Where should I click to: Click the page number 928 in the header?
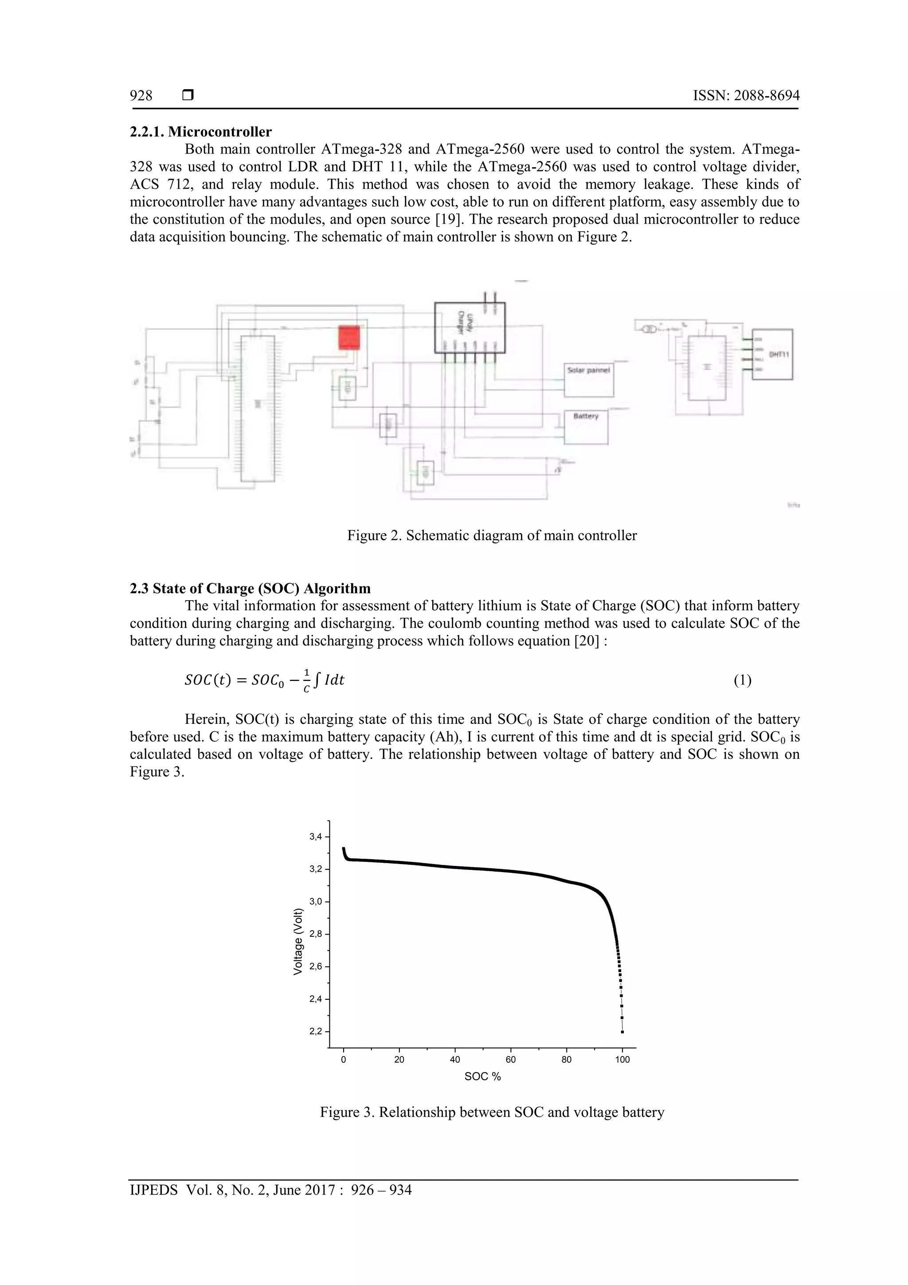pos(141,96)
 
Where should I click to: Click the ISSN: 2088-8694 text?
pos(746,96)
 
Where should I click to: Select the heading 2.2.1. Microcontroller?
pos(200,132)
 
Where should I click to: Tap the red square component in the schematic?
pos(349,338)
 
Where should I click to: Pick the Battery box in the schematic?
pos(586,426)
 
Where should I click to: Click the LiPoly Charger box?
pos(470,327)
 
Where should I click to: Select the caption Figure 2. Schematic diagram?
pos(492,536)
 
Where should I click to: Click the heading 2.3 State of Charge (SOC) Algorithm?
pos(250,588)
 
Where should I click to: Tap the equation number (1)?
pos(742,680)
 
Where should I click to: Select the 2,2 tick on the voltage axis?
pos(316,1031)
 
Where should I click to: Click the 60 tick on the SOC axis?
pos(511,1060)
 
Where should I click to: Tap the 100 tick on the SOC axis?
pos(622,1060)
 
